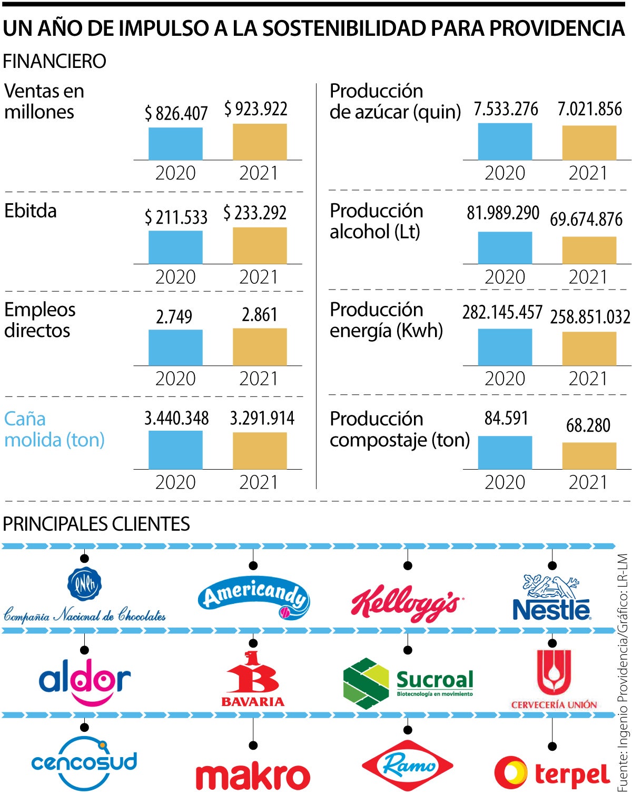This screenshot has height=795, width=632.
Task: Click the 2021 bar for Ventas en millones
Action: click(260, 142)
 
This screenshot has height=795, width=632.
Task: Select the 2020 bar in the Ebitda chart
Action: click(175, 247)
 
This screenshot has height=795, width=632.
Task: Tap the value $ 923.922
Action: click(256, 109)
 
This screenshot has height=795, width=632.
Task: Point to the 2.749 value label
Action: click(174, 316)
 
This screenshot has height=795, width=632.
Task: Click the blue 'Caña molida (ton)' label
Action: click(54, 429)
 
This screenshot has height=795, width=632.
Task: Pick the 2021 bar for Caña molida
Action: click(260, 451)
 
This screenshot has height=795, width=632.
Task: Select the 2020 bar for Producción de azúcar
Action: click(505, 141)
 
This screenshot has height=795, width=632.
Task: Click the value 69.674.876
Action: click(586, 219)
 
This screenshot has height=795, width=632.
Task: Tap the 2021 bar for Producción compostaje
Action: click(589, 455)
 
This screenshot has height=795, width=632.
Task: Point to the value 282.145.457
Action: click(502, 312)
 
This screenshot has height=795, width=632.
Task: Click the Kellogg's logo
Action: click(406, 603)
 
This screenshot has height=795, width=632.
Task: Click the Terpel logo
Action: click(552, 773)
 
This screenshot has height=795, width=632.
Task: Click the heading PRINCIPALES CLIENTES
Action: click(96, 524)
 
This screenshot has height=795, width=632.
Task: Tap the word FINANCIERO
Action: click(54, 62)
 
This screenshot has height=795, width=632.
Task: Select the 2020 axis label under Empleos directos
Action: click(175, 379)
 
